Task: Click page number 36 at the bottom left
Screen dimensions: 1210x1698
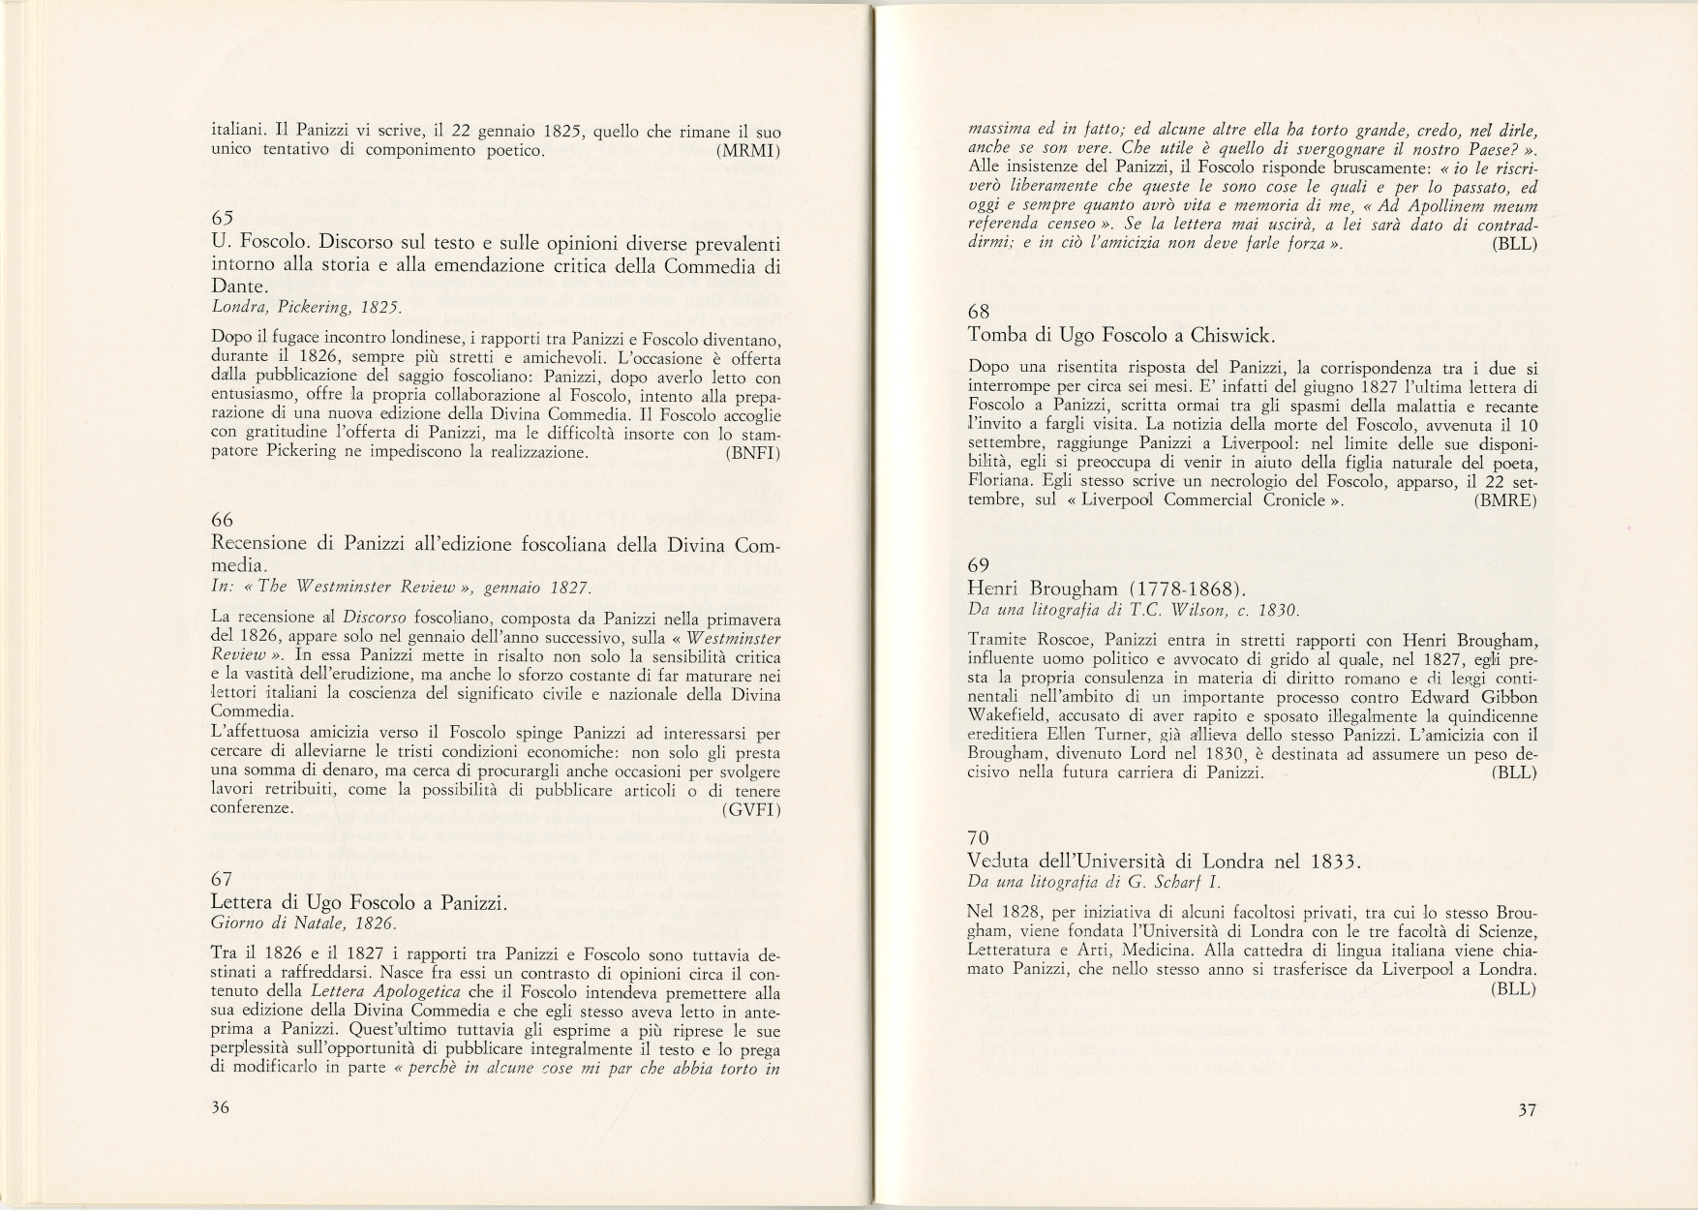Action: pyautogui.click(x=220, y=1108)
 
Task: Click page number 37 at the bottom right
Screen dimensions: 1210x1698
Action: pyautogui.click(x=1527, y=1110)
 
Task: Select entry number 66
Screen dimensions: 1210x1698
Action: pyautogui.click(x=222, y=520)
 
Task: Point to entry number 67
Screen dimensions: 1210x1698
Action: pyautogui.click(x=222, y=878)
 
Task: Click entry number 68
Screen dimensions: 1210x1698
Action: pyautogui.click(x=979, y=312)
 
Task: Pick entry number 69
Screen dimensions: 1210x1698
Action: pyautogui.click(x=979, y=564)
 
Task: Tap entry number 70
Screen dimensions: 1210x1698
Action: pyautogui.click(x=979, y=836)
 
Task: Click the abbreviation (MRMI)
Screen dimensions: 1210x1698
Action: pyautogui.click(x=749, y=151)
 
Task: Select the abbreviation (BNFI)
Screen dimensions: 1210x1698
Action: pyautogui.click(x=752, y=451)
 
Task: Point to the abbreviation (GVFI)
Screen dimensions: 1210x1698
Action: pyautogui.click(x=751, y=809)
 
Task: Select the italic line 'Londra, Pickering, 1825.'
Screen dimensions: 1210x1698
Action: pyautogui.click(x=306, y=308)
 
